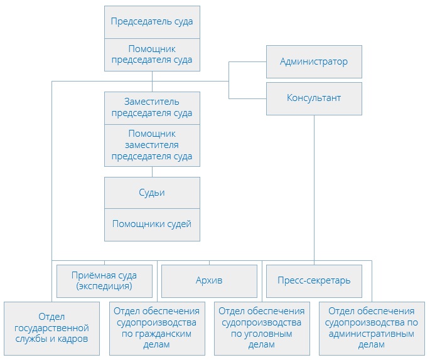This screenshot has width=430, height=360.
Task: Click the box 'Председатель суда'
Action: (x=152, y=22)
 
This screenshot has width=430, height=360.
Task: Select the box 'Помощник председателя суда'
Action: (x=152, y=55)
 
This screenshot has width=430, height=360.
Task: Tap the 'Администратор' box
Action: (x=314, y=62)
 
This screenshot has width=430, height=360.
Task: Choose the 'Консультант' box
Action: (x=314, y=98)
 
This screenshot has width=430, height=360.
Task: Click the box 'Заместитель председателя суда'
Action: (x=152, y=107)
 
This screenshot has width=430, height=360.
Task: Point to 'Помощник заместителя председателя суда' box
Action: (x=152, y=145)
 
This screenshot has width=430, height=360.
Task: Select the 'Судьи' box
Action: (x=152, y=193)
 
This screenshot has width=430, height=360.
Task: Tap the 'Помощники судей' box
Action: (x=152, y=224)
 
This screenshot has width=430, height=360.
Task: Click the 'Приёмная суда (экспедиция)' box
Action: (x=105, y=281)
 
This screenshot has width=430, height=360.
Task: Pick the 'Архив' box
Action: (x=209, y=280)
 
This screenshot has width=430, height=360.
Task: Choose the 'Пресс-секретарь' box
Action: (x=314, y=280)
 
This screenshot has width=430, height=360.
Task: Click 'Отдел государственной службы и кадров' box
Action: (x=51, y=328)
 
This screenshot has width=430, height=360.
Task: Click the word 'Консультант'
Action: (x=314, y=98)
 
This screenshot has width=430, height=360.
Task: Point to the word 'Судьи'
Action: (x=152, y=193)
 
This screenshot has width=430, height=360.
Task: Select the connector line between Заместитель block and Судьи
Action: (x=152, y=172)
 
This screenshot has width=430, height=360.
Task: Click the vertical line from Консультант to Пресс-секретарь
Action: (x=314, y=188)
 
